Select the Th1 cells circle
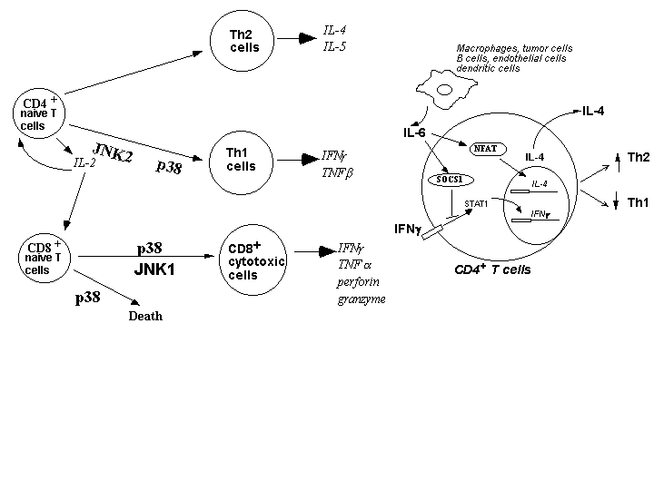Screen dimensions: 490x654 [241, 160]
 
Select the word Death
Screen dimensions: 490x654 [145, 317]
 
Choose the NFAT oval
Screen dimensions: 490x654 [489, 147]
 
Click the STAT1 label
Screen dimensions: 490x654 [477, 203]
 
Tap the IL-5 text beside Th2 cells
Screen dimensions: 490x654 [334, 44]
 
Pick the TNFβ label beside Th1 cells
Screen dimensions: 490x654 [337, 171]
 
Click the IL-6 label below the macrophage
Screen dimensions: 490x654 [415, 133]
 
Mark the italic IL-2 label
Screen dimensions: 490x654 [84, 164]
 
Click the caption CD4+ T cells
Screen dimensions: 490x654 [492, 269]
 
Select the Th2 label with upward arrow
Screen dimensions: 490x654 [638, 157]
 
